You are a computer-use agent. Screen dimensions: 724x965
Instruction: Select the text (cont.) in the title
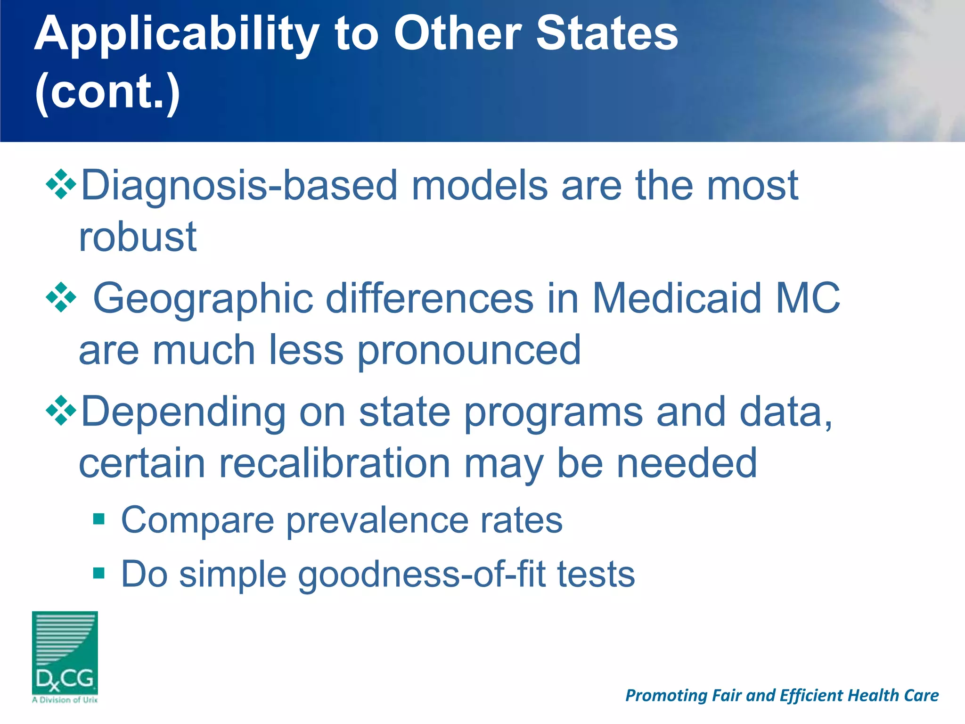click(x=107, y=91)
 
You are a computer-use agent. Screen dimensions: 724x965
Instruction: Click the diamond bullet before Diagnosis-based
click(x=61, y=184)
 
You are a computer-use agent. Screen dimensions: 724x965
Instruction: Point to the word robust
click(x=138, y=237)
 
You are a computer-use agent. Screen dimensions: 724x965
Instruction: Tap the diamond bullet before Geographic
click(x=61, y=297)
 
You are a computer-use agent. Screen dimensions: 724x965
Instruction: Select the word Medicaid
click(x=677, y=298)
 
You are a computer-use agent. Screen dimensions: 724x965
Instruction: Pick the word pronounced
click(x=469, y=351)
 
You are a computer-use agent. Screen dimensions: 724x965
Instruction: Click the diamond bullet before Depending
click(x=61, y=411)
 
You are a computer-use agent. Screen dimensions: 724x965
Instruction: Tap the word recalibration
click(x=335, y=463)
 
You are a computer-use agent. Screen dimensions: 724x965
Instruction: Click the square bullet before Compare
click(x=98, y=519)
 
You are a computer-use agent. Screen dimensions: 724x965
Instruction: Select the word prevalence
click(x=376, y=520)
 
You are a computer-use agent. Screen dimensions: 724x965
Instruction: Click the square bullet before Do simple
click(x=98, y=573)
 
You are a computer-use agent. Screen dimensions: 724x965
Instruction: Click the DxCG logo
click(x=65, y=656)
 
